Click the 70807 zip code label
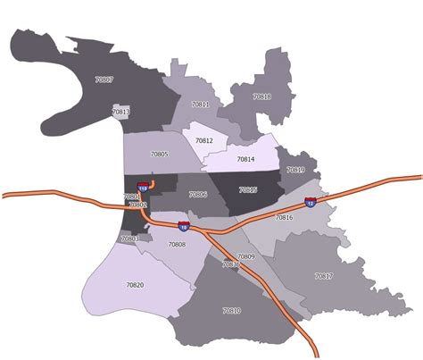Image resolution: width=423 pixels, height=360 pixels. pyautogui.click(x=104, y=80)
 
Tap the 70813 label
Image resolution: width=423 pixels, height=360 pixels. pyautogui.click(x=121, y=113)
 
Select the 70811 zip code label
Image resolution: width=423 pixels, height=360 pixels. pyautogui.click(x=201, y=105)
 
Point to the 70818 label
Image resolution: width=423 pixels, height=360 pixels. pyautogui.click(x=261, y=96)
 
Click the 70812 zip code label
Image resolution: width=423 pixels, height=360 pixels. pyautogui.click(x=204, y=141)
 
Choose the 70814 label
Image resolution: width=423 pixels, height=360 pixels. pyautogui.click(x=245, y=159)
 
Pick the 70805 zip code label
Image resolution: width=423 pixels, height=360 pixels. pyautogui.click(x=159, y=155)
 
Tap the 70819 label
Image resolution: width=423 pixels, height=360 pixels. pyautogui.click(x=295, y=170)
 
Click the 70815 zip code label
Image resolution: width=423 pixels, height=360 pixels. pyautogui.click(x=248, y=189)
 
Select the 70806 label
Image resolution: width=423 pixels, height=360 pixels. pyautogui.click(x=198, y=194)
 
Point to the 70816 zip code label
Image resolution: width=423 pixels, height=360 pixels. pyautogui.click(x=284, y=217)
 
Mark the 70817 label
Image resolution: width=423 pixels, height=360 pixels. pyautogui.click(x=323, y=276)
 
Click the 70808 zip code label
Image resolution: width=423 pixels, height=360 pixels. pyautogui.click(x=177, y=244)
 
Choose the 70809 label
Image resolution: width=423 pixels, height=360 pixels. pyautogui.click(x=246, y=256)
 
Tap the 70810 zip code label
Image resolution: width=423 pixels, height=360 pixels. pyautogui.click(x=231, y=310)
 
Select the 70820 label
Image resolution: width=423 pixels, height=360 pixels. pyautogui.click(x=135, y=284)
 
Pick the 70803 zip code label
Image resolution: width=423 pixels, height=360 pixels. pyautogui.click(x=130, y=239)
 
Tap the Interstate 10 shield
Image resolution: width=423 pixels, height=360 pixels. pyautogui.click(x=183, y=226)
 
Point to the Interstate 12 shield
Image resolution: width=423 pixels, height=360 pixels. pyautogui.click(x=310, y=203)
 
